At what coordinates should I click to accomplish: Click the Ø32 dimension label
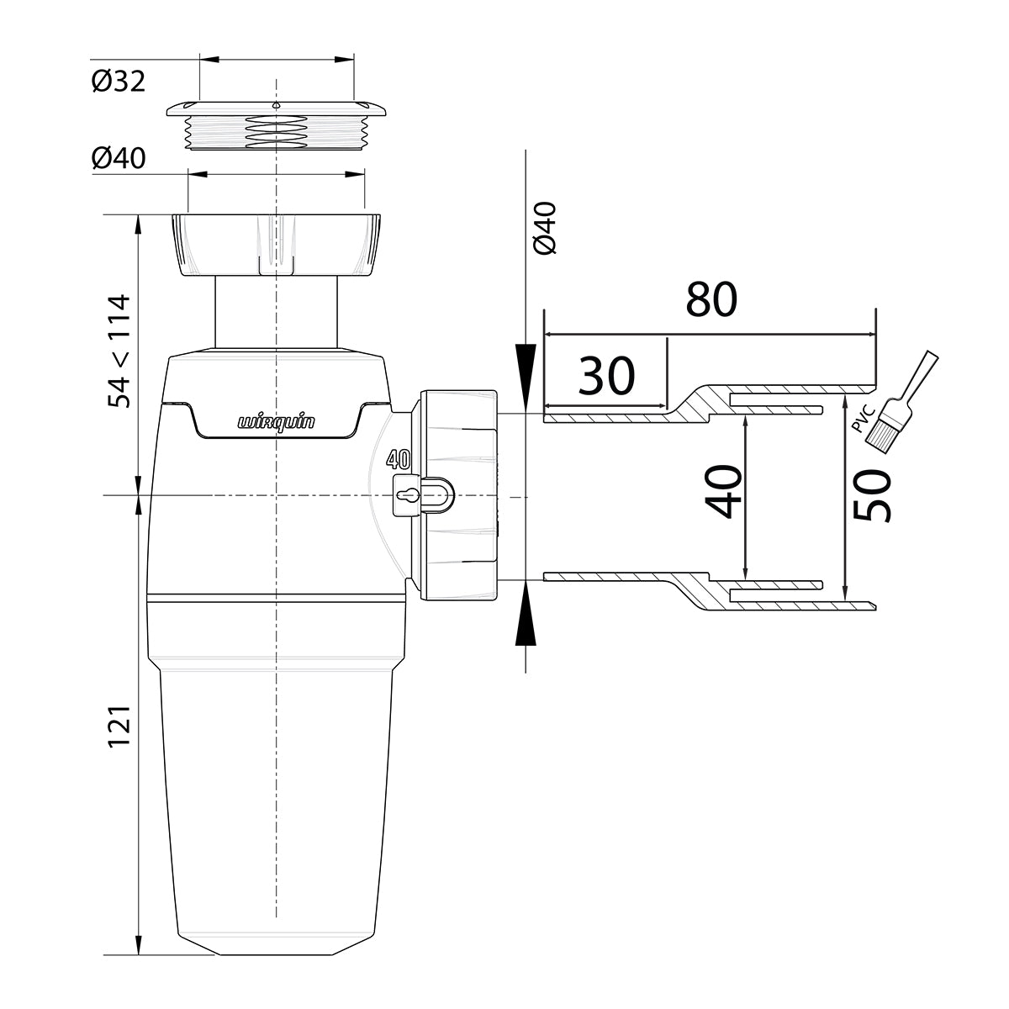click(119, 82)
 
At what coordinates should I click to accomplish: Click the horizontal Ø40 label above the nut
click(119, 158)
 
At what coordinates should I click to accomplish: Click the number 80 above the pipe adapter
click(711, 299)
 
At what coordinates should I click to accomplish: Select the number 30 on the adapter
click(607, 376)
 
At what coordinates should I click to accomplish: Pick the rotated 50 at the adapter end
click(871, 496)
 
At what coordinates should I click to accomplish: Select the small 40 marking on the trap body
click(398, 460)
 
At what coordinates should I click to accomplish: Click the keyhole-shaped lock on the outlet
click(409, 496)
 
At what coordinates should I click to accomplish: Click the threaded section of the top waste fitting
click(275, 132)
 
